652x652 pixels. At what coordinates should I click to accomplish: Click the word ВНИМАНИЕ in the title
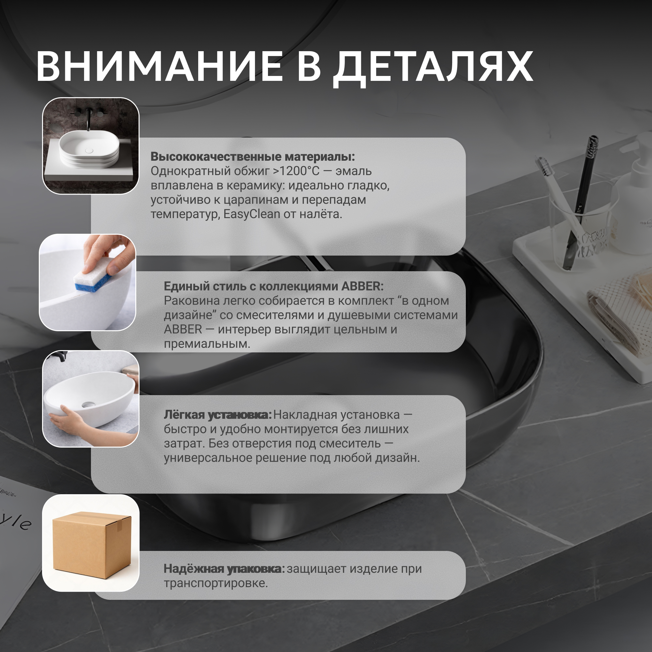159,66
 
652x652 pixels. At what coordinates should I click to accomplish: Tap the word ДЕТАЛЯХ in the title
433,69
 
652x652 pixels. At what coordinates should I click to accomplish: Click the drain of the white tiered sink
89,151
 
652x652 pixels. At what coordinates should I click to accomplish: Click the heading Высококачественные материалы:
253,157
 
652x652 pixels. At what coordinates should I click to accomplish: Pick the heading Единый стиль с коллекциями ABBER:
274,287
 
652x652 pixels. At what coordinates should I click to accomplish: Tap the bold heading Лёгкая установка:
218,415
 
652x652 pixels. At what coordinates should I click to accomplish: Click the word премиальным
207,344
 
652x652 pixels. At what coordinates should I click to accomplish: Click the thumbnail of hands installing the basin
91,399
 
